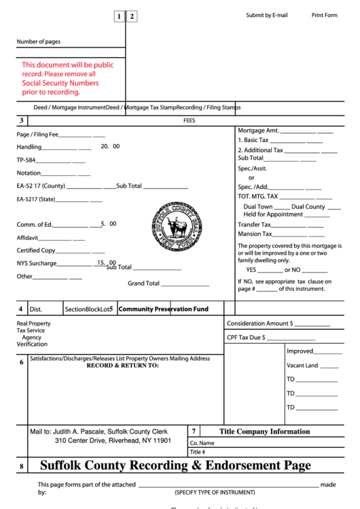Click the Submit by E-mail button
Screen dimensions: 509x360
click(267, 15)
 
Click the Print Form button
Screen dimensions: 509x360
click(324, 15)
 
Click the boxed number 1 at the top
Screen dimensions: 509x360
click(119, 17)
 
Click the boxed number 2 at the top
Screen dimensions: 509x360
click(132, 17)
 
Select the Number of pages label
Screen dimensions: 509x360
click(39, 42)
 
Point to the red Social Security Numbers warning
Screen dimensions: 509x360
click(67, 78)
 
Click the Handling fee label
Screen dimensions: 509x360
click(29, 147)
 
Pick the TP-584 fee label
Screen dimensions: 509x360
click(26, 160)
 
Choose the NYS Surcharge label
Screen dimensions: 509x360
click(37, 264)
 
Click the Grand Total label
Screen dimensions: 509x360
click(144, 283)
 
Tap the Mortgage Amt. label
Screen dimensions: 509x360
click(258, 130)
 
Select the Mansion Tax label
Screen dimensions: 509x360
click(255, 234)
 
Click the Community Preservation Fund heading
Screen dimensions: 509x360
click(163, 309)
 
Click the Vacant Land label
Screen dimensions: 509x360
click(302, 366)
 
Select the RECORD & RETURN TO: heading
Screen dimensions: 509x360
click(122, 366)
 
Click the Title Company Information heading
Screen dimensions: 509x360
click(264, 432)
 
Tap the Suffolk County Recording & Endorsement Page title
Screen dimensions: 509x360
click(175, 466)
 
